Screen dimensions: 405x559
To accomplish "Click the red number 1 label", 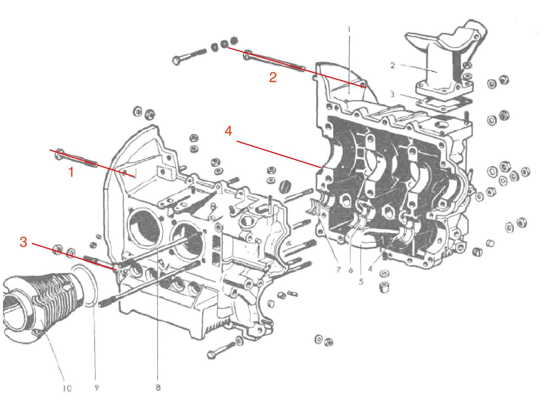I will pyautogui.click(x=71, y=172).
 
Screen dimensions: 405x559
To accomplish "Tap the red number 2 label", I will pyautogui.click(x=273, y=77).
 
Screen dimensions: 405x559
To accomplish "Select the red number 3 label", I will pyautogui.click(x=23, y=242).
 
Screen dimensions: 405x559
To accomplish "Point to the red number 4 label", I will pyautogui.click(x=228, y=131).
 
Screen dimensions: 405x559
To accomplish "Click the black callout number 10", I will pyautogui.click(x=67, y=388).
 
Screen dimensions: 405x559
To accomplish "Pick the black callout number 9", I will pyautogui.click(x=96, y=388).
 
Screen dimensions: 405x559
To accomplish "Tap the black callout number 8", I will pyautogui.click(x=158, y=387).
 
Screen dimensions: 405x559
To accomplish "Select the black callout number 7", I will pyautogui.click(x=338, y=270).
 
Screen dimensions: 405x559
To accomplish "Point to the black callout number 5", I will pyautogui.click(x=361, y=281).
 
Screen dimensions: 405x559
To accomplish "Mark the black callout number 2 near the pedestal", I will pyautogui.click(x=392, y=66).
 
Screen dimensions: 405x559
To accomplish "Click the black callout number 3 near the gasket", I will pyautogui.click(x=392, y=94).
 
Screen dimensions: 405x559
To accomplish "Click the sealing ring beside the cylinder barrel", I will pyautogui.click(x=87, y=286).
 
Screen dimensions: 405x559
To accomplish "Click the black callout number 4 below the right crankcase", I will pyautogui.click(x=370, y=269).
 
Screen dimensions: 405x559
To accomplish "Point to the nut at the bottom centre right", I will pyautogui.click(x=328, y=342).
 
